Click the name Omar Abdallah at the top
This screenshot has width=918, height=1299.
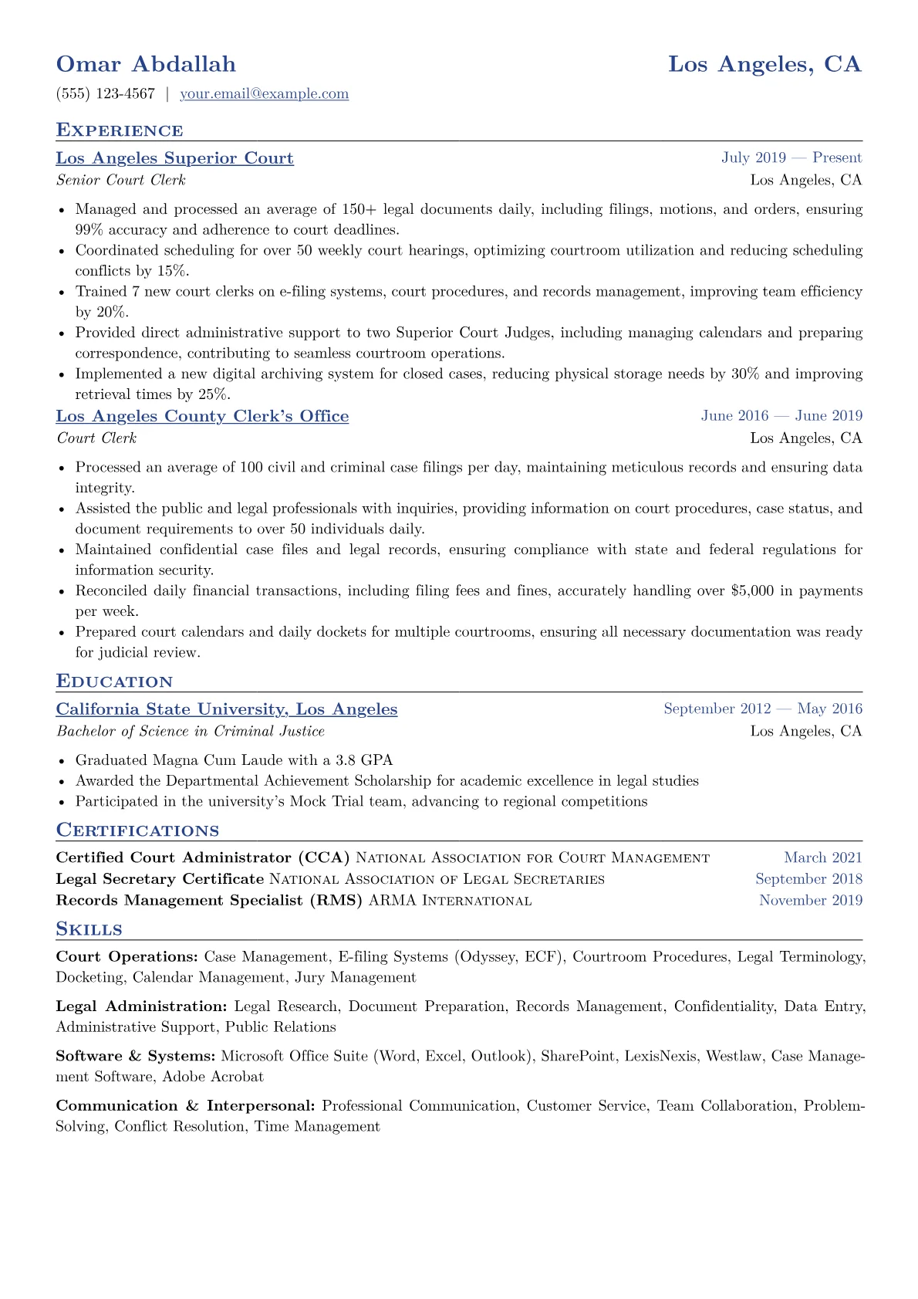coord(146,64)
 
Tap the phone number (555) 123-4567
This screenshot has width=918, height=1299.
coord(106,94)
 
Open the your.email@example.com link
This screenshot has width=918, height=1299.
coord(264,94)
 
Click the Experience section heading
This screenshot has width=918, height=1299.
coord(120,130)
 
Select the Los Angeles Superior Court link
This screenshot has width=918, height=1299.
coord(174,158)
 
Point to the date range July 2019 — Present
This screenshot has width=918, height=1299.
coord(791,158)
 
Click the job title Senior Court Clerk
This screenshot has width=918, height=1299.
coord(121,181)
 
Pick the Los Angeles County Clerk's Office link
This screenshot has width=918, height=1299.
coord(202,416)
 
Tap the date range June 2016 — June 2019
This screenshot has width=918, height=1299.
coord(781,416)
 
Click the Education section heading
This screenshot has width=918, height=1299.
coord(114,682)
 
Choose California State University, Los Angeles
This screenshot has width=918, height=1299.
coord(227,709)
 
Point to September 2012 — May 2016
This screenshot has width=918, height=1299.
coord(763,709)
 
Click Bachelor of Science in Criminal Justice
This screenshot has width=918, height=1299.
coord(191,732)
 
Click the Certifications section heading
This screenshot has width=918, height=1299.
coord(137,830)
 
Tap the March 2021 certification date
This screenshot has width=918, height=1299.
coord(823,858)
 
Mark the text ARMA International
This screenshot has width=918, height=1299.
coord(451,901)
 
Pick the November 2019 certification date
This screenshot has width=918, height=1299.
coord(811,901)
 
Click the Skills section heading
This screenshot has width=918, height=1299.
coord(89,929)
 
